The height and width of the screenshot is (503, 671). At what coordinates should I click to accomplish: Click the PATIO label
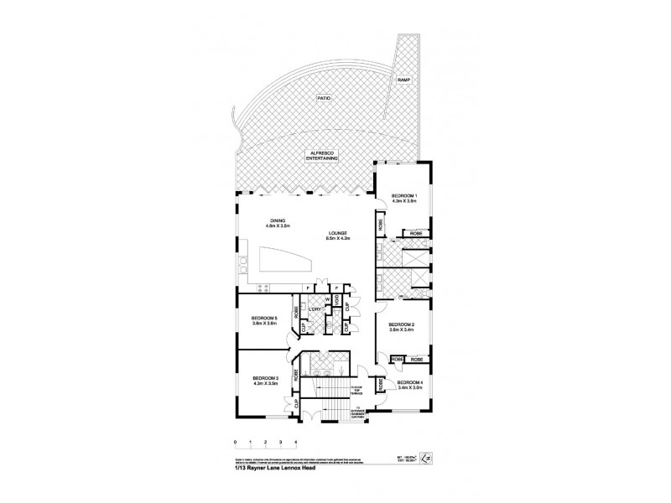(325, 98)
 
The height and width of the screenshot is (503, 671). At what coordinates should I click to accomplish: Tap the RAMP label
(403, 80)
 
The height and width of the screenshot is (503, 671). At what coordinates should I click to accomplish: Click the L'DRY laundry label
(315, 310)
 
